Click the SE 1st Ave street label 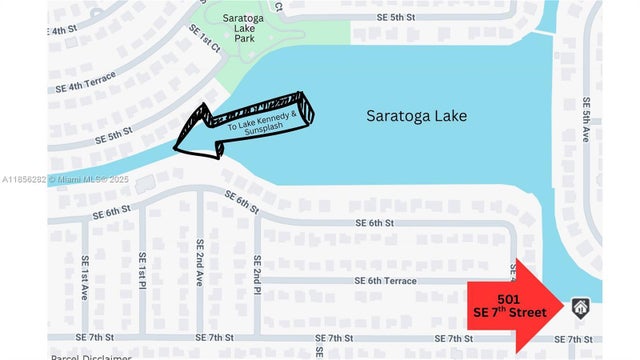87,270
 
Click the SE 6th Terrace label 384,282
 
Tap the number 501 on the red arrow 508,299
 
